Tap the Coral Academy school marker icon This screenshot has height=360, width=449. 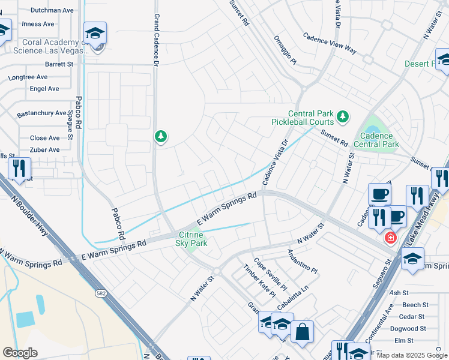click(x=95, y=34)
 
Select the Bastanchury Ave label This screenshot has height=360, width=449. click(x=41, y=113)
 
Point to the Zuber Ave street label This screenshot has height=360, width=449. click(x=45, y=150)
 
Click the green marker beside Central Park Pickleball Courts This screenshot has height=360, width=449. click(x=342, y=116)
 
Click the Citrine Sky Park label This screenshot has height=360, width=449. click(x=191, y=239)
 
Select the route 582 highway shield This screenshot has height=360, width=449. click(x=101, y=293)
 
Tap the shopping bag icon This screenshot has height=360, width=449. click(x=302, y=331)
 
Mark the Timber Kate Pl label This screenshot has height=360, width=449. click(x=259, y=281)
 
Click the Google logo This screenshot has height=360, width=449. click(x=20, y=353)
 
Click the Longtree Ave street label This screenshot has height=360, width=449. click(x=28, y=77)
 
